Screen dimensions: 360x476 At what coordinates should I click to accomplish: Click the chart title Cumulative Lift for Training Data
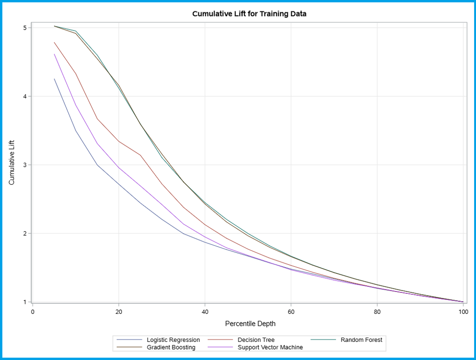point(249,14)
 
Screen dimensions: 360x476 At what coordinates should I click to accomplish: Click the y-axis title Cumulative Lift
point(12,162)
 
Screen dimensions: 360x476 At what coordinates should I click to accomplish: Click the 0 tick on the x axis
point(33,312)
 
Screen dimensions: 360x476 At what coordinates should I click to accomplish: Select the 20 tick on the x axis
point(119,312)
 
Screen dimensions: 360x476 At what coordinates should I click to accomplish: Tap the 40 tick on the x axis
point(205,312)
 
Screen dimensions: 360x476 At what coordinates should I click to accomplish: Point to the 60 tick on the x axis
point(291,312)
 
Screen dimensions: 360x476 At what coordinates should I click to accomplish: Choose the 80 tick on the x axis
point(377,312)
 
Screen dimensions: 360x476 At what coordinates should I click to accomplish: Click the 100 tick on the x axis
point(463,312)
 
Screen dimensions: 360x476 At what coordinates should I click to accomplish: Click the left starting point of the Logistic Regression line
point(54,79)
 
